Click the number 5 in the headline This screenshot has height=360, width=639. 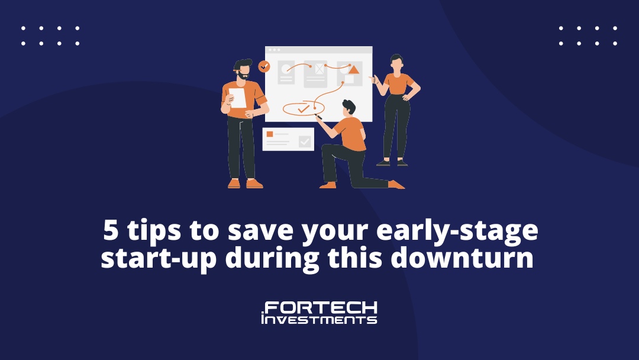[111, 230]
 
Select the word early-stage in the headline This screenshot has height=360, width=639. [457, 232]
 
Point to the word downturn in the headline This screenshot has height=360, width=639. [461, 258]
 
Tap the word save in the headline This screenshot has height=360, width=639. [260, 231]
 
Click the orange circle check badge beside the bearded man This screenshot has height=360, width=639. [264, 66]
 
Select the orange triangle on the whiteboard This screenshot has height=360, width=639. [354, 70]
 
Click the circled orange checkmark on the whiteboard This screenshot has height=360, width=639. [303, 109]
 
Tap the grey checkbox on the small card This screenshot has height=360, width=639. [305, 141]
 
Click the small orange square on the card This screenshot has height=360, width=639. [269, 134]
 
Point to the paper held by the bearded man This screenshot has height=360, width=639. [238, 98]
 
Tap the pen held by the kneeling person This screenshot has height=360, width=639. [319, 117]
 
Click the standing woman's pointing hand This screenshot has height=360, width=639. [373, 79]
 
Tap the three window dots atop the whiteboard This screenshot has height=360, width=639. [274, 50]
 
